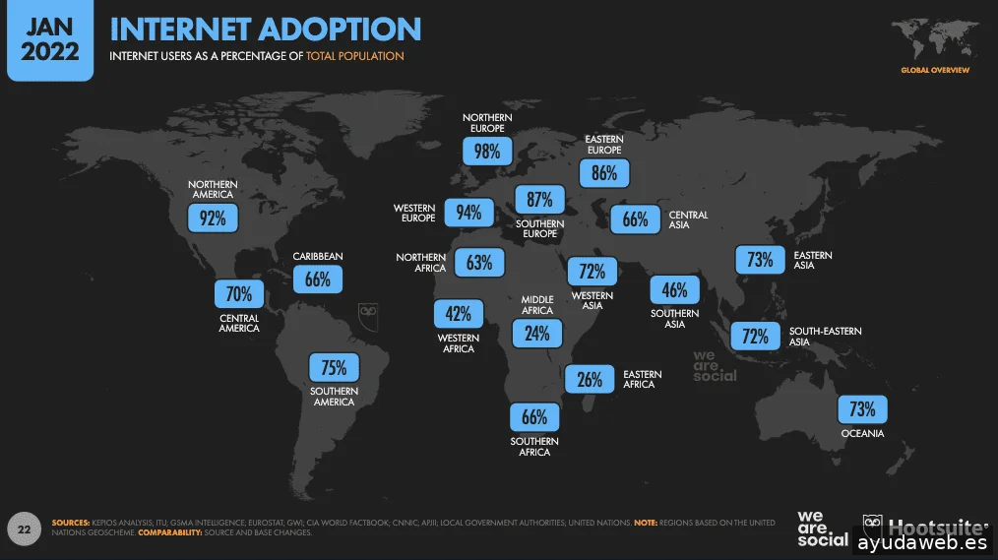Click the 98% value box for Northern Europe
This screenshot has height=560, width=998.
click(x=487, y=151)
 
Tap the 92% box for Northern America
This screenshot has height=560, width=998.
click(x=213, y=218)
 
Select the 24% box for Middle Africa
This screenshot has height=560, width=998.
click(x=537, y=334)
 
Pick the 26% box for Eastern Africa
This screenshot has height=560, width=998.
click(x=590, y=379)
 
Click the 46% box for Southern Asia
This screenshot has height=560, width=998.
click(x=674, y=290)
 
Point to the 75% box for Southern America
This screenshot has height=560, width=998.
click(x=334, y=368)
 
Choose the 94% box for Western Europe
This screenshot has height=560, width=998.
click(x=468, y=213)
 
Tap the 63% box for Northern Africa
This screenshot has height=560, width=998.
click(x=479, y=263)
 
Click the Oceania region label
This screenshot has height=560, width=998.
click(x=862, y=433)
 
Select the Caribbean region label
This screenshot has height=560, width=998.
click(x=318, y=257)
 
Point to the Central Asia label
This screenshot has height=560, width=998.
click(x=688, y=219)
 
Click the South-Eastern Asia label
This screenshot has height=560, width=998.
click(x=825, y=337)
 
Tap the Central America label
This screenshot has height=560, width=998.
click(x=239, y=323)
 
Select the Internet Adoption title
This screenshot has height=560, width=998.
click(x=265, y=30)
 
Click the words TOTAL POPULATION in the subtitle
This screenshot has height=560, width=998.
click(x=354, y=56)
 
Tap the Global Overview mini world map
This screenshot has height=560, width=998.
click(x=934, y=40)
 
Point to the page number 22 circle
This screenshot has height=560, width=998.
click(x=25, y=529)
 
